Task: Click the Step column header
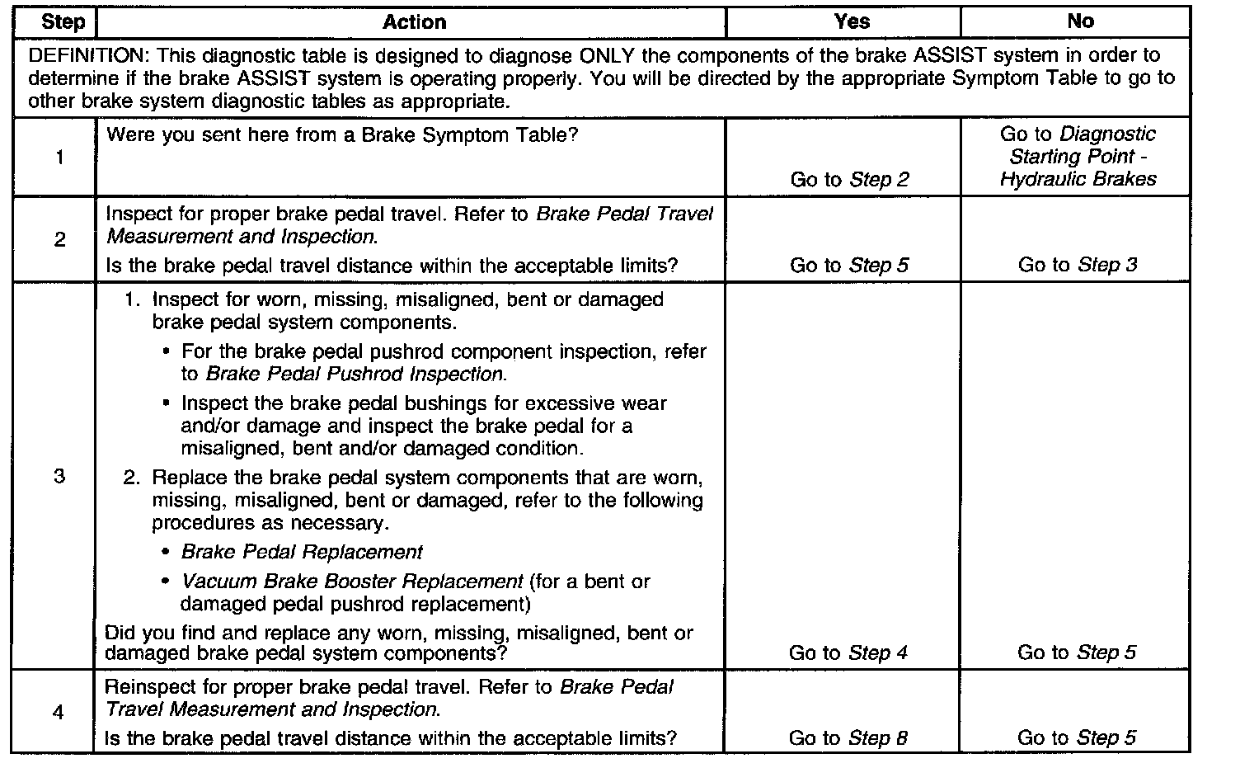63,21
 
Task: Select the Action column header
414,21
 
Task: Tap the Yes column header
852,21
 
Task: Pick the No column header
1080,21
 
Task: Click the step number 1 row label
59,157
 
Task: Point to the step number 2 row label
59,240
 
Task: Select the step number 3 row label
59,476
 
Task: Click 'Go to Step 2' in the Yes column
849,179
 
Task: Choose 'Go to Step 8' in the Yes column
848,738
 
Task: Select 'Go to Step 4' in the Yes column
848,652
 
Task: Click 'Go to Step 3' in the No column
1077,265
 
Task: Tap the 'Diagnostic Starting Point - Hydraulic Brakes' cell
1078,157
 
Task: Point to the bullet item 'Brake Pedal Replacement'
302,552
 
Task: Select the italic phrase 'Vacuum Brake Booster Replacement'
352,582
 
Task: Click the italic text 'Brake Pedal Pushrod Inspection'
354,374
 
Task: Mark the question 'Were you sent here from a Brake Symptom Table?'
342,134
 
